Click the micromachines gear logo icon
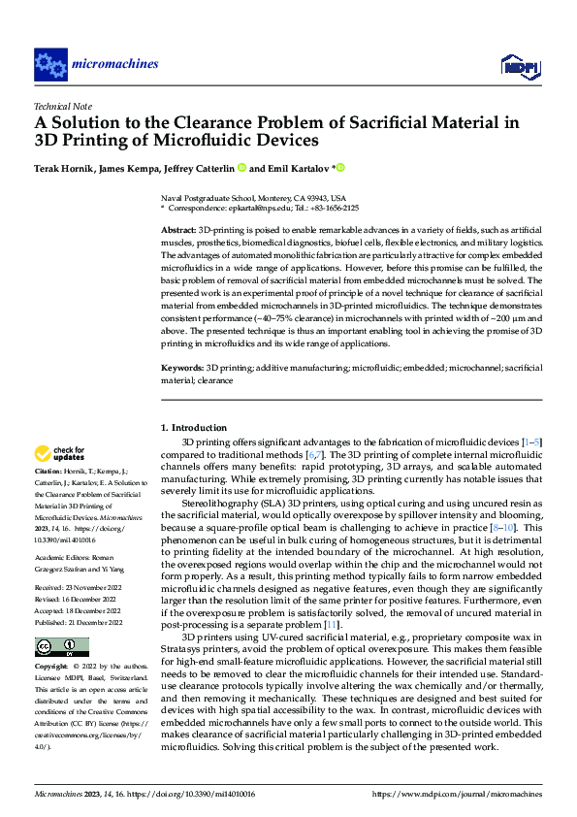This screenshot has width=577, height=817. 49,65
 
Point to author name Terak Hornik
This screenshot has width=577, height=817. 64,168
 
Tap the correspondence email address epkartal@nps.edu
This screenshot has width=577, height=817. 261,208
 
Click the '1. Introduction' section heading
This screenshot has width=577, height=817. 193,428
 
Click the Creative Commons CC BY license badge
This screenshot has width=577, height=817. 61,646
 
